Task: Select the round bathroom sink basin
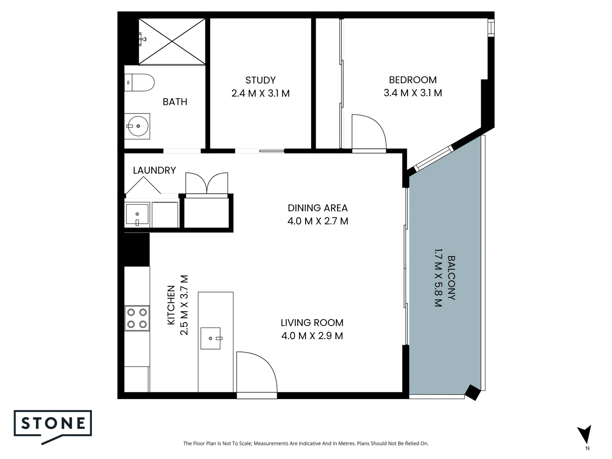[138, 126]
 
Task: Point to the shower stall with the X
[172, 41]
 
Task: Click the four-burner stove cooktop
[137, 318]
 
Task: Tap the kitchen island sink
[211, 338]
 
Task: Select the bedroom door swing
[368, 133]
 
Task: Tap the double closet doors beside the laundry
[207, 183]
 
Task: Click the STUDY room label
[260, 80]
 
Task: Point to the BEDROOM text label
[412, 80]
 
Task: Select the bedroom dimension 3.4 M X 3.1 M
[412, 93]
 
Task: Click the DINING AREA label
[317, 208]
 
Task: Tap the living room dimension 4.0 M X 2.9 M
[312, 336]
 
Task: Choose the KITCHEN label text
[171, 305]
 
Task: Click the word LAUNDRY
[154, 170]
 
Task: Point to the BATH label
[175, 102]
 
